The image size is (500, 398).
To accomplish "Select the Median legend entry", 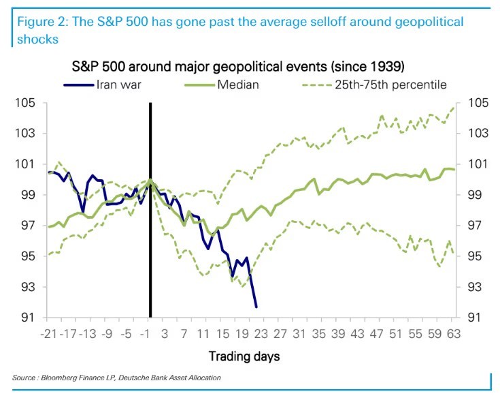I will (224, 85).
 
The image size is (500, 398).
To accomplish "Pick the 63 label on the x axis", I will (454, 334).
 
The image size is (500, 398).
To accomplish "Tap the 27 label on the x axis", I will (280, 334).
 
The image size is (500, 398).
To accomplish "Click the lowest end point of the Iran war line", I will (256, 307).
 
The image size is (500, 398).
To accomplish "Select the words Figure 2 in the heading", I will (38, 22).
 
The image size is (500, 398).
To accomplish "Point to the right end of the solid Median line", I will (454, 169).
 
